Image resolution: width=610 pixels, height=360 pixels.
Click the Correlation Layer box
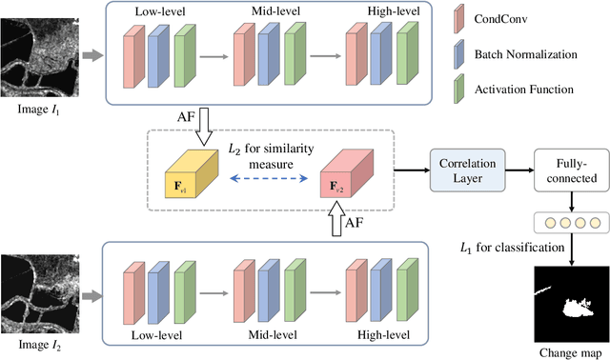click(463, 170)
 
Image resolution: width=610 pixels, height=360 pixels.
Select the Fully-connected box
click(567, 170)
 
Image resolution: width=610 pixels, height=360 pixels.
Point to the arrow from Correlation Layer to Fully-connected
click(514, 170)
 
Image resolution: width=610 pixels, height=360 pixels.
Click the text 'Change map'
click(569, 350)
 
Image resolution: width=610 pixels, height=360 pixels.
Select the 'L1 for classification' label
click(505, 249)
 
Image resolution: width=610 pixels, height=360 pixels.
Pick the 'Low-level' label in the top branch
click(160, 11)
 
